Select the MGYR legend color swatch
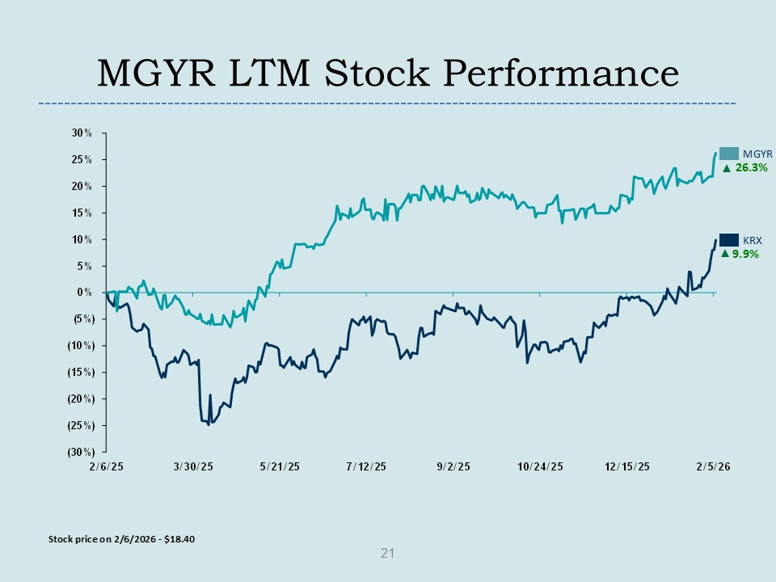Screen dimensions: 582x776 point(729,153)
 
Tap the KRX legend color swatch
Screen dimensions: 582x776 point(729,240)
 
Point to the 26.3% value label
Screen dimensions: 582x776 point(750,168)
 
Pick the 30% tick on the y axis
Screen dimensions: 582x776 point(82,133)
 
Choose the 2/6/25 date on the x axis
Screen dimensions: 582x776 point(106,467)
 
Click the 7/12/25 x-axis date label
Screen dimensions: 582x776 point(365,467)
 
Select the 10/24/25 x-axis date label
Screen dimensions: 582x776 point(540,467)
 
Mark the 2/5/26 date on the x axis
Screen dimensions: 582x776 point(715,467)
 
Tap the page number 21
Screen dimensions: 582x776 point(387,554)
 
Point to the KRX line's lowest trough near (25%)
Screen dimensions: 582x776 point(209,424)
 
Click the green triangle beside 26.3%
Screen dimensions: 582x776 point(726,168)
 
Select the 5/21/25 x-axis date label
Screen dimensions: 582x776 point(279,467)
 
